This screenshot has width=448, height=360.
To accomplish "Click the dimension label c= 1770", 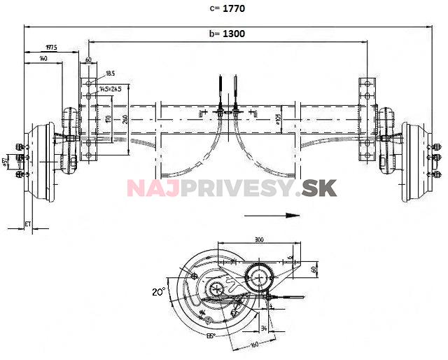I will point(225,9).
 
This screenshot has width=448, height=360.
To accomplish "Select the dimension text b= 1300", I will point(227,33).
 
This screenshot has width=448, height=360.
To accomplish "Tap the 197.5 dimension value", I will point(50,48).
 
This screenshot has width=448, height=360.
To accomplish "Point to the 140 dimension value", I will point(43,60).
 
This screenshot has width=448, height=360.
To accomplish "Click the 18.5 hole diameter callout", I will point(110,73).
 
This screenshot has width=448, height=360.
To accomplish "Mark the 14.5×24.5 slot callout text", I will point(110,89).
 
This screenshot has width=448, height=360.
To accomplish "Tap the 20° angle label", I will point(160,290).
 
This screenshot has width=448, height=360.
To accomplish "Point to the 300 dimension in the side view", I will point(259,240).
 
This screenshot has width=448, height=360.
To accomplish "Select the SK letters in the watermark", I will point(320,188).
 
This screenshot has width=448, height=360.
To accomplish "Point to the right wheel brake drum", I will point(416,162).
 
